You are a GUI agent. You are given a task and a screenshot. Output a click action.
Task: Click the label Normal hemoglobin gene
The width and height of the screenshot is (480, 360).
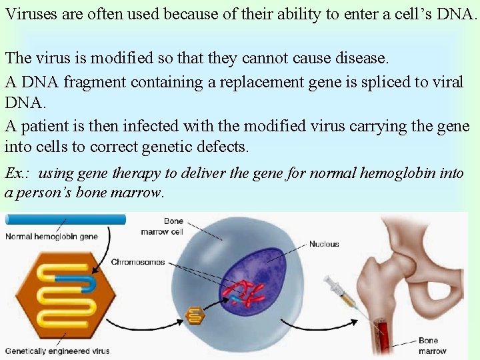(x=51, y=236)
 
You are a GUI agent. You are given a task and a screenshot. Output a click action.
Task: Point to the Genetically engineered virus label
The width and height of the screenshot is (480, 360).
(x=57, y=351)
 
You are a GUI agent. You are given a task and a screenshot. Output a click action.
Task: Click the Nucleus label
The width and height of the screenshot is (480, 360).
(x=324, y=244)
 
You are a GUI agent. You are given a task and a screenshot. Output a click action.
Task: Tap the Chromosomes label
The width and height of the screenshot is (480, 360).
(x=138, y=262)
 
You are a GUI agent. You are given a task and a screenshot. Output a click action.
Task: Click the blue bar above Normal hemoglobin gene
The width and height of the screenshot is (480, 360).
(x=64, y=219)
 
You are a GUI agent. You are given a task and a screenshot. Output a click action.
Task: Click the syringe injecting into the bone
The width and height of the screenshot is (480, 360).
(x=343, y=293)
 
